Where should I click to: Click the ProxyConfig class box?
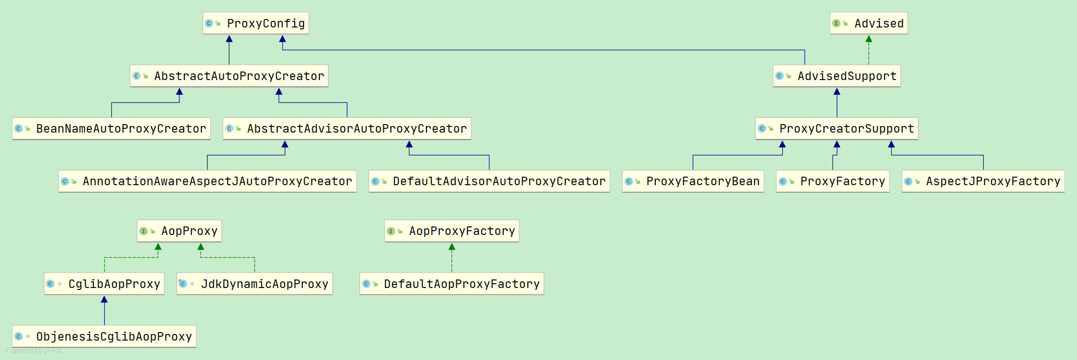256,23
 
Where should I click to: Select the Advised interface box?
869,23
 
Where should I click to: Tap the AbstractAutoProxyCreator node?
229,76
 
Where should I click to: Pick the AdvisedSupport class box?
837,76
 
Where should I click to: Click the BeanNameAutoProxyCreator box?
111,128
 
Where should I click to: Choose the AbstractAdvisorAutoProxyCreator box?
347,128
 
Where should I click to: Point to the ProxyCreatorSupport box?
837,128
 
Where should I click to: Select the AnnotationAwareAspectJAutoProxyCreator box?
207,181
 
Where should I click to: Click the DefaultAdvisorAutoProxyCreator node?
489,181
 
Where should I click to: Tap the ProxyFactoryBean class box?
693,181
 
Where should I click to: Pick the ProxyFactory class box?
833,181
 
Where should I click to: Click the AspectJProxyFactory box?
983,181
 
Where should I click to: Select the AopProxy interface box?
179,231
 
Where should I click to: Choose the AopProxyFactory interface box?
452,231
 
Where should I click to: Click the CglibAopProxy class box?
104,284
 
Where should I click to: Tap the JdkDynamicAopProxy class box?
254,284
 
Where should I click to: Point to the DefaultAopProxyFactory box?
452,284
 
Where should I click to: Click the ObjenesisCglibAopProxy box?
104,336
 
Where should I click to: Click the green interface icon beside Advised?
836,23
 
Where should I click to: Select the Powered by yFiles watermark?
34,351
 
